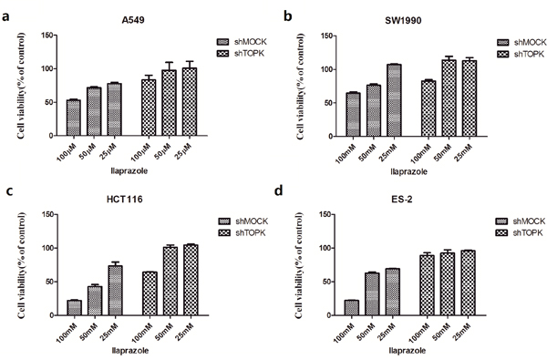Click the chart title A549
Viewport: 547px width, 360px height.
(133, 20)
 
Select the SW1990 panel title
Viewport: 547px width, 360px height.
(403, 21)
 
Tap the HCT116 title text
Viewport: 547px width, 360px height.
(125, 200)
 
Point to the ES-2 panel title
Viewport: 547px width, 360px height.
(402, 200)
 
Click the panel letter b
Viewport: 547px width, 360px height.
(287, 16)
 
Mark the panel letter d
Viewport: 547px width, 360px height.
(279, 191)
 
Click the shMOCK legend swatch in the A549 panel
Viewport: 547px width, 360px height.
(223, 42)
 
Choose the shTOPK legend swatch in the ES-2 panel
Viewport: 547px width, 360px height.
(501, 232)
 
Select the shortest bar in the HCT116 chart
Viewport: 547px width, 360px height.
(74, 308)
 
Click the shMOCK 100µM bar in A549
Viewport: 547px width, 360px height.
(74, 118)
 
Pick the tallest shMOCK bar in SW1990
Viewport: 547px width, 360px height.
(394, 100)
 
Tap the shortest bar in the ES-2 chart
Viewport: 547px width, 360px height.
(351, 308)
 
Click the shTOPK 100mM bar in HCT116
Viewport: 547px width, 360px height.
(150, 293)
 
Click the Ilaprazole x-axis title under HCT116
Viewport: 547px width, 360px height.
(130, 351)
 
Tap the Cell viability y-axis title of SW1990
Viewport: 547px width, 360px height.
(300, 87)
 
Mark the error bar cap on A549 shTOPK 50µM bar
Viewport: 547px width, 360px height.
(169, 63)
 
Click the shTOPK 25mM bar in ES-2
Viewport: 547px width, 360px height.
(469, 283)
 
